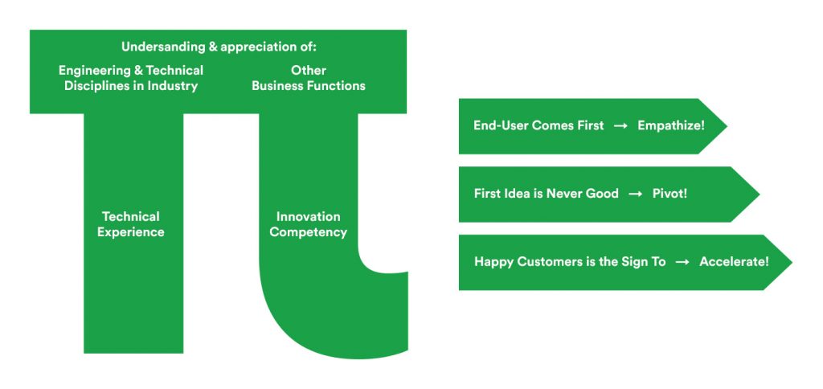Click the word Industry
pos(172,86)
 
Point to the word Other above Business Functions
pos(309,71)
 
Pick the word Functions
pos(336,86)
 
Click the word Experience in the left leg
pos(131,232)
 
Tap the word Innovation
pos(308,217)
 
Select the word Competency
pos(308,232)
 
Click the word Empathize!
pos(671,126)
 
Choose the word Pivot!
pos(669,194)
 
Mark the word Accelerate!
pos(734,261)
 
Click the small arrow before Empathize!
pos(621,126)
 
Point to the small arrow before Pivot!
pos(636,194)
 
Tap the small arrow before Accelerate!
pos(682,262)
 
